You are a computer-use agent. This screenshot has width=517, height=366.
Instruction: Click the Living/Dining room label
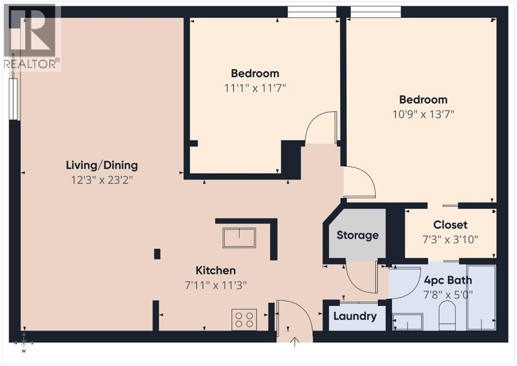101,165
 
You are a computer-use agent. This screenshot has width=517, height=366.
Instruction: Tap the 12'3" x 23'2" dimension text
101,179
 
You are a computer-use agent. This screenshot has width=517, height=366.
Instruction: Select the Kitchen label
216,270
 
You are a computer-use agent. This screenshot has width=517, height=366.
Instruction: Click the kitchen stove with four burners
244,319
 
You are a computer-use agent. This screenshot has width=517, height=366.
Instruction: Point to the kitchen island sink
239,238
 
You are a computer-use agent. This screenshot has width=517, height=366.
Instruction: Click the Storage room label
357,235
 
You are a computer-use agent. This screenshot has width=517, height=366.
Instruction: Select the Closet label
450,225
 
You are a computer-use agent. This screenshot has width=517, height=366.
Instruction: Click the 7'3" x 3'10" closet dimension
450,239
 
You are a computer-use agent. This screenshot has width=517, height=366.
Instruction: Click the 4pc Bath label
448,280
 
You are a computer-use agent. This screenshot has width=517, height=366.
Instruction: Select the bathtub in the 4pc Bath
481,297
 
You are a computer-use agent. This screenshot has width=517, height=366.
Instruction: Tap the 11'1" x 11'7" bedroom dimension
255,88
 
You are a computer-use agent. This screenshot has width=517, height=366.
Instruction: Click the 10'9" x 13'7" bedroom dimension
423,114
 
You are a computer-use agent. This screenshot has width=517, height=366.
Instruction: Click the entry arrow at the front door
295,343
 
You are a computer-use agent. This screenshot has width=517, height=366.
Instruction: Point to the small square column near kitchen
157,254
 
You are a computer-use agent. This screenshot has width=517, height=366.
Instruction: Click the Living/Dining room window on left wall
14,99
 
